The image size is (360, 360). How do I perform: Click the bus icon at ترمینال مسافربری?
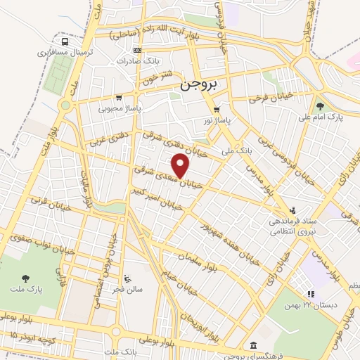(x=65, y=41)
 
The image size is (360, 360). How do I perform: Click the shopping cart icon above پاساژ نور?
(x=217, y=110)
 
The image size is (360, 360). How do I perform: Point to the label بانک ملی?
(x=236, y=150)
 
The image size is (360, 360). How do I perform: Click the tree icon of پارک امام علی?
(x=321, y=106)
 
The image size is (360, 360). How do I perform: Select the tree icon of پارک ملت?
(x=26, y=278)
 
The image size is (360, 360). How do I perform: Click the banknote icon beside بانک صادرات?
(x=137, y=51)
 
